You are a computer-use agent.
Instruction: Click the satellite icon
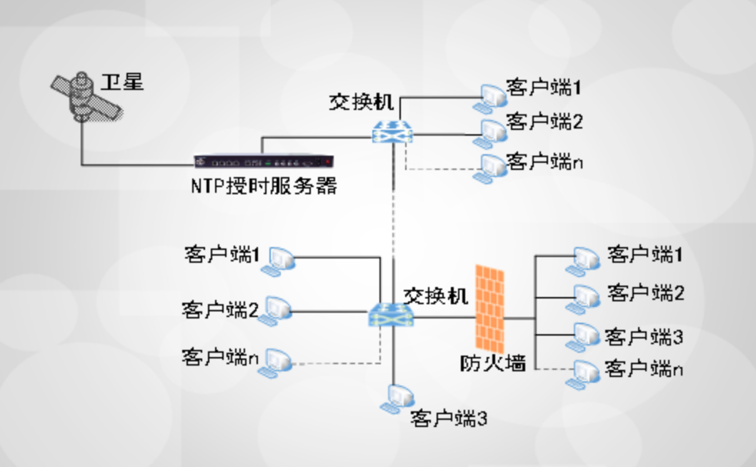pyautogui.click(x=84, y=98)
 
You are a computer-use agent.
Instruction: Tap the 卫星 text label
pyautogui.click(x=122, y=82)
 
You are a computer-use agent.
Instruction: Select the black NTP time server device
pyautogui.click(x=264, y=163)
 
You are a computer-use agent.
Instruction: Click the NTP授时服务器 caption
pyautogui.click(x=264, y=187)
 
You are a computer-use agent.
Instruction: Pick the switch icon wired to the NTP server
pyautogui.click(x=393, y=131)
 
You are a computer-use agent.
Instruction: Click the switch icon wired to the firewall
pyautogui.click(x=390, y=314)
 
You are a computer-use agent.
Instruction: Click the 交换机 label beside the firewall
pyautogui.click(x=436, y=295)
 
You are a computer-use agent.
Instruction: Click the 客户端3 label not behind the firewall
pyautogui.click(x=449, y=418)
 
